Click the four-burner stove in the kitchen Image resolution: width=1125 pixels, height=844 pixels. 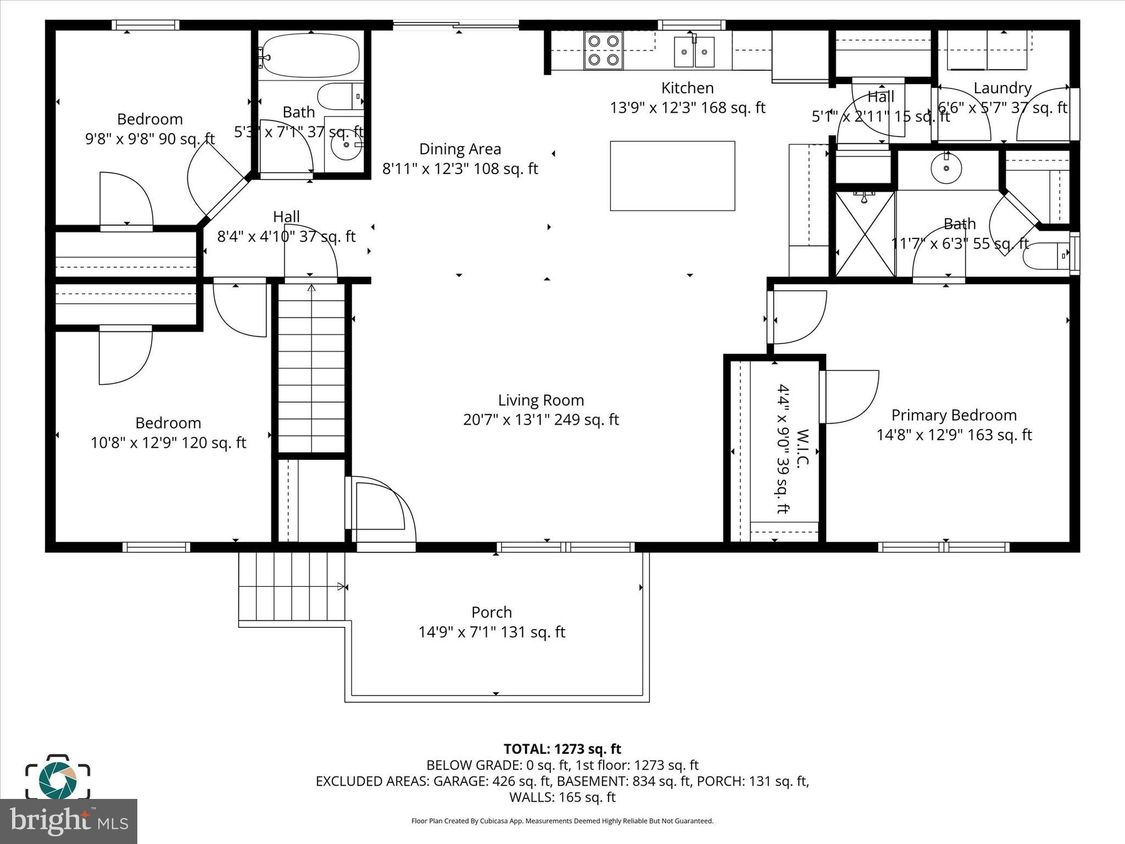point(603,50)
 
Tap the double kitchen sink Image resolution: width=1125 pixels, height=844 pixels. point(694,52)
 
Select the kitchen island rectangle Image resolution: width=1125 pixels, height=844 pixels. point(672,176)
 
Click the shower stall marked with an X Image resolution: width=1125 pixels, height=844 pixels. point(865,234)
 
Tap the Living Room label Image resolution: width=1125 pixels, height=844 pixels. point(541,400)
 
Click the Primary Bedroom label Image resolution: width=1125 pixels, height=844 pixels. point(954,415)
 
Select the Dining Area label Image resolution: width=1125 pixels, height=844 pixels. point(460,149)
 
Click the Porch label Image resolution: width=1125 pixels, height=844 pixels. point(492,612)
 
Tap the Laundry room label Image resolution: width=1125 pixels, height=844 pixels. point(1003,88)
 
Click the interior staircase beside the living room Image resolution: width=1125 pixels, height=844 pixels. point(311,368)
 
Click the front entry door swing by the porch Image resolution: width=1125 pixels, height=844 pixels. point(382,508)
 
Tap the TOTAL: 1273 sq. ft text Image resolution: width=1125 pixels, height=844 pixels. point(562,749)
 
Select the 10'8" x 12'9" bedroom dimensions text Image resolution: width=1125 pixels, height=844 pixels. point(168,443)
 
